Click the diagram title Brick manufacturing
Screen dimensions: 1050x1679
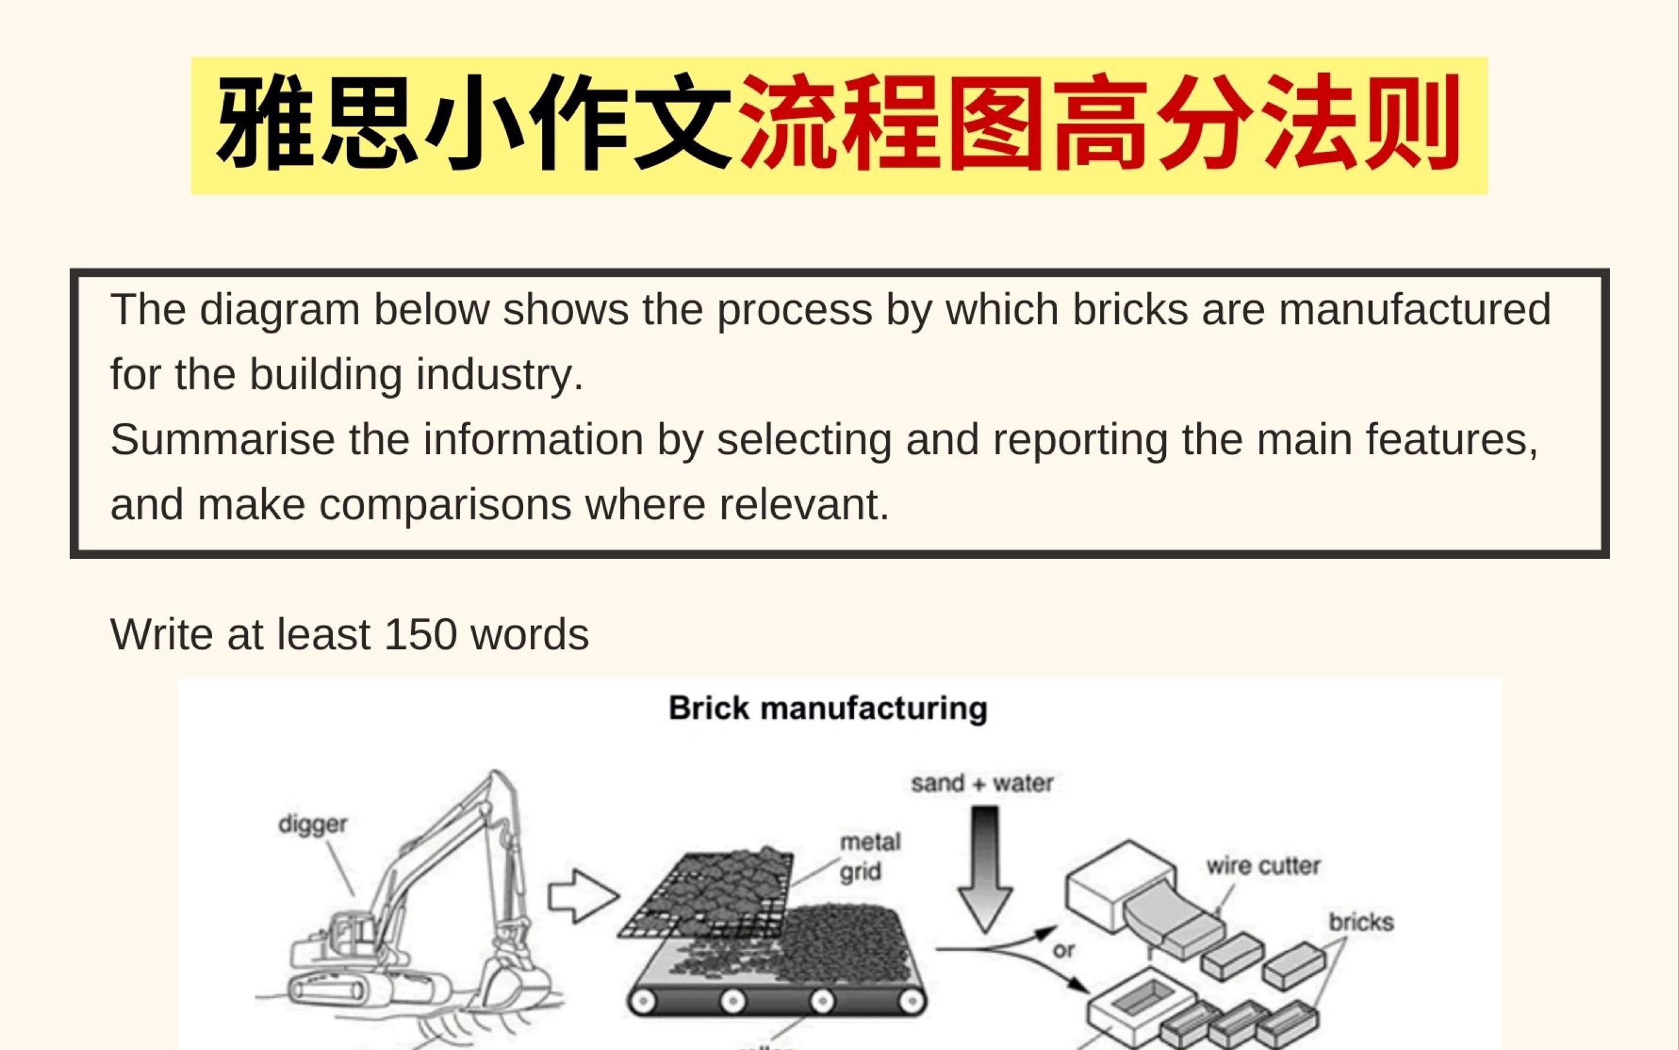[x=827, y=709]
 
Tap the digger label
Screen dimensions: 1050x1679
[x=313, y=824]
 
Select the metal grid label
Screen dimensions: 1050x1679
[x=870, y=856]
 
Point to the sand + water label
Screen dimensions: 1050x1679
[x=982, y=783]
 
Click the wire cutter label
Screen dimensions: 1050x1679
[x=1263, y=866]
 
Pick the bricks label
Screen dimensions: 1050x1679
[x=1361, y=922]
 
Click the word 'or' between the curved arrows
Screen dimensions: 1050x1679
[x=1063, y=950]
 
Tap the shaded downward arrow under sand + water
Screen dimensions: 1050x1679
[x=984, y=868]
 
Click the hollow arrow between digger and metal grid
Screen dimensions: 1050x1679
[x=582, y=896]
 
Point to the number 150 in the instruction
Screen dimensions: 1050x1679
[x=419, y=634]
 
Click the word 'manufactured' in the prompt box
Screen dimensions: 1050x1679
[x=1414, y=309]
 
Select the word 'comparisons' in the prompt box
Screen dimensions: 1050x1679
[x=445, y=504]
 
